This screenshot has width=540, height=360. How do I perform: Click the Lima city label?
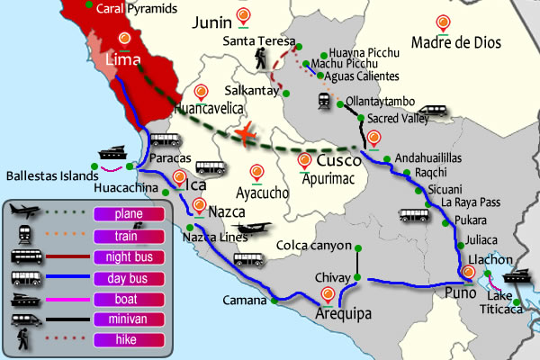pyautogui.click(x=125, y=59)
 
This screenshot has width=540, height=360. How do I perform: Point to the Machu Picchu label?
pyautogui.click(x=351, y=64)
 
